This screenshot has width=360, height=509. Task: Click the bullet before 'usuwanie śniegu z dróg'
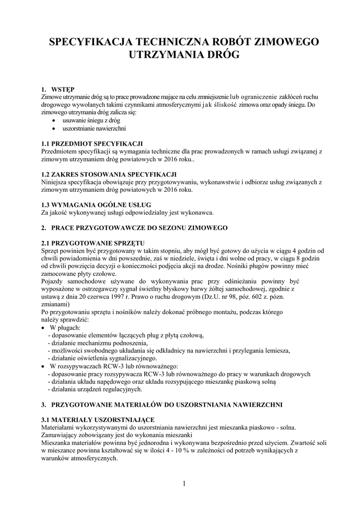(x=54, y=120)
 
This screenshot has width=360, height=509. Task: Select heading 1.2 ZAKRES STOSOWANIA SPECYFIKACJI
(x=109, y=174)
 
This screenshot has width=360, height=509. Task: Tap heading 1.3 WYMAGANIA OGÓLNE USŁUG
(x=96, y=205)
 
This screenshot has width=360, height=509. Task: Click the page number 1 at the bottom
(x=183, y=484)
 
